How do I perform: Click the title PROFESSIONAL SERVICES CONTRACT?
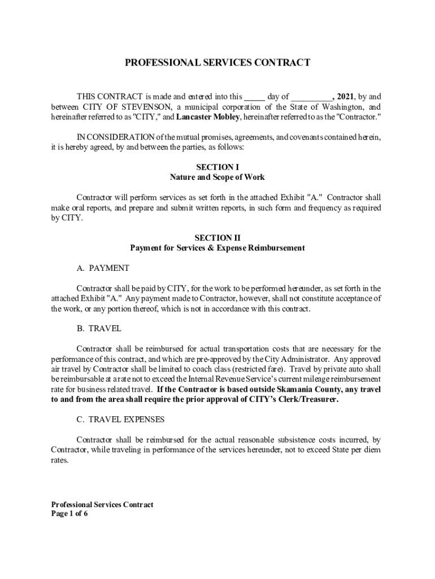pos(217,63)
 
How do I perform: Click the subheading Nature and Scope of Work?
pos(217,177)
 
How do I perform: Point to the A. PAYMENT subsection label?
pos(103,268)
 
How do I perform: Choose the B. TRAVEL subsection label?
pos(99,328)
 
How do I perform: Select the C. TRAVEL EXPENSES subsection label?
pos(120,420)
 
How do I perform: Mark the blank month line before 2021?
pos(312,97)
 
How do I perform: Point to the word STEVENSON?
pos(140,107)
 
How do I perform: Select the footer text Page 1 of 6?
pos(69,514)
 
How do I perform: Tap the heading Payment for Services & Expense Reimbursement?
pos(217,248)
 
